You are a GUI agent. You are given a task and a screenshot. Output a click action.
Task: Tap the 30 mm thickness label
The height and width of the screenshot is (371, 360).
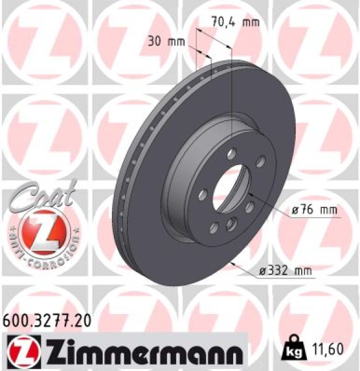[x=166, y=41]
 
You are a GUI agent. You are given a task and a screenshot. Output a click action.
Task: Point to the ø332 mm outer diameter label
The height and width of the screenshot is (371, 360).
[x=285, y=270]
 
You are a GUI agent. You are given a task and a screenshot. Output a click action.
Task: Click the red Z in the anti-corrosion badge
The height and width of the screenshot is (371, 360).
[x=41, y=232]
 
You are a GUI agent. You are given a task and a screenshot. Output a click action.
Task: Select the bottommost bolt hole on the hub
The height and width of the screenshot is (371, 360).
[x=229, y=224]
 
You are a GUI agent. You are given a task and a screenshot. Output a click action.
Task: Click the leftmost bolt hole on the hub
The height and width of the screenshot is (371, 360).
[x=203, y=196]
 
